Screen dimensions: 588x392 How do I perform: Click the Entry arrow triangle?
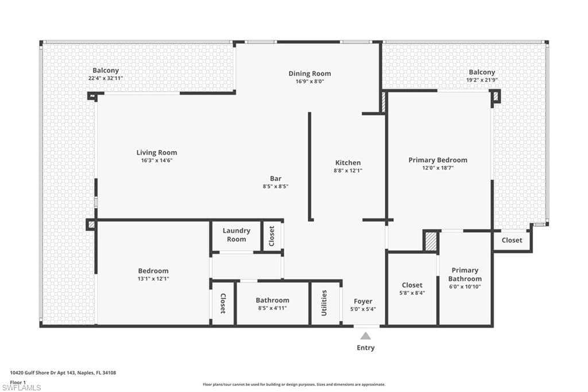(366, 336)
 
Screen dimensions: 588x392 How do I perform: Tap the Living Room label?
(157, 152)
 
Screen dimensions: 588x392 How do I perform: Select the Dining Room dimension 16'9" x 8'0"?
(310, 81)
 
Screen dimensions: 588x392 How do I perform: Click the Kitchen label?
(348, 163)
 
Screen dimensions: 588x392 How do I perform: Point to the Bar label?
(276, 179)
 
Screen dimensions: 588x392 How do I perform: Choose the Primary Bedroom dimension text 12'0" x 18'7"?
(438, 168)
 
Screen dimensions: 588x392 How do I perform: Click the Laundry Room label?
(236, 235)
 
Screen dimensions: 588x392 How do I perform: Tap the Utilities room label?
(324, 303)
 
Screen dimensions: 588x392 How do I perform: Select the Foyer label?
(363, 301)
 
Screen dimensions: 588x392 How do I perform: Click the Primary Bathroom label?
(465, 275)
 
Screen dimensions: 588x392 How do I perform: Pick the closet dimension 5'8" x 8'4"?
(412, 293)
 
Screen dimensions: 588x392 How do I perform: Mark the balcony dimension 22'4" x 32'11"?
(106, 78)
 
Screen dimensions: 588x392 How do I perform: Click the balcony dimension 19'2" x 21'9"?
(482, 80)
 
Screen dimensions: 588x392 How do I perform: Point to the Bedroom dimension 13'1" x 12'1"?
(153, 279)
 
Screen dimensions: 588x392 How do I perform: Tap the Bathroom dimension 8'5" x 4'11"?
(273, 308)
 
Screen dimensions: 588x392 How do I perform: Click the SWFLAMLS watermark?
(21, 387)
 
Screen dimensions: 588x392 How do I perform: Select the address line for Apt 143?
(63, 373)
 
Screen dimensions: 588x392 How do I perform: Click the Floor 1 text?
(18, 382)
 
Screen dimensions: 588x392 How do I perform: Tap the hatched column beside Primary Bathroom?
(431, 241)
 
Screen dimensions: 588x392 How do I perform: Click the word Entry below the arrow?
(366, 348)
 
